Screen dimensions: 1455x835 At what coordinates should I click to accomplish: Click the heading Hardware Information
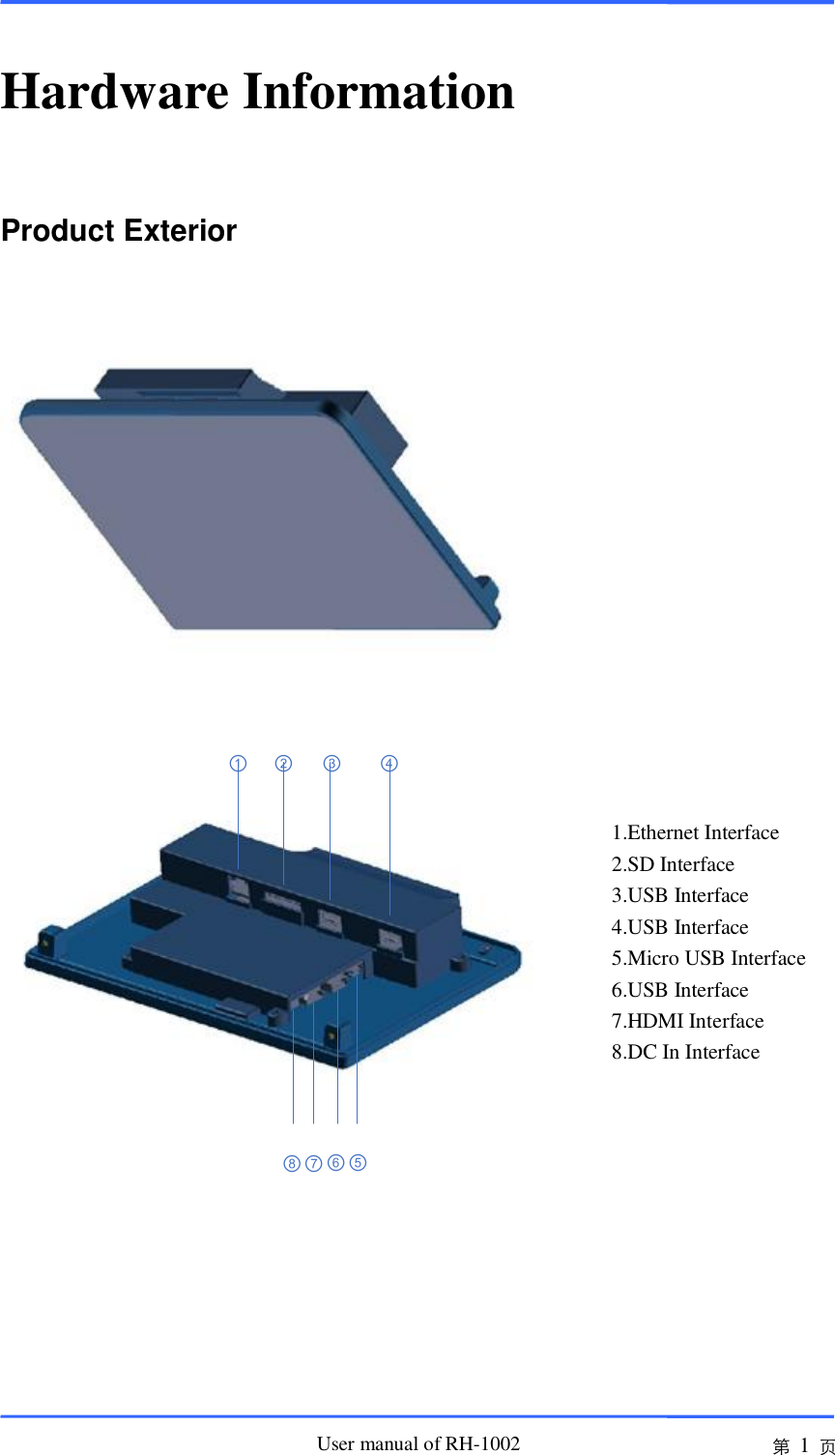pyautogui.click(x=258, y=92)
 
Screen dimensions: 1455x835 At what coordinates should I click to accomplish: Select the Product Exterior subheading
pyautogui.click(x=119, y=231)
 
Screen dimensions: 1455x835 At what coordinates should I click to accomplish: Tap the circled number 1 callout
pyautogui.click(x=238, y=764)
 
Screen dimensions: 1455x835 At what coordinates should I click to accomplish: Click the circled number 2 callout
pyautogui.click(x=283, y=764)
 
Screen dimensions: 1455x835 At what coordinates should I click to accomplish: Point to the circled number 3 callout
pyautogui.click(x=331, y=764)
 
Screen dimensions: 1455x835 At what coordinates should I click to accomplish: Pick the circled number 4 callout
pyautogui.click(x=389, y=764)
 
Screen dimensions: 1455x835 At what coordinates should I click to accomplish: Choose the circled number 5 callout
pyautogui.click(x=358, y=1163)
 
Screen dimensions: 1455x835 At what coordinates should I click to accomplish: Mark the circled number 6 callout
pyautogui.click(x=335, y=1163)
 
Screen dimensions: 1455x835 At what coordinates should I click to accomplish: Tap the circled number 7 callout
pyautogui.click(x=313, y=1164)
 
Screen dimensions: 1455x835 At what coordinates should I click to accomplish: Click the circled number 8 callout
pyautogui.click(x=292, y=1164)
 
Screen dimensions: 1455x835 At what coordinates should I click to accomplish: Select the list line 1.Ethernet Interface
pyautogui.click(x=695, y=833)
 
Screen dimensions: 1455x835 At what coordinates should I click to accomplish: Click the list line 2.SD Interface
pyautogui.click(x=673, y=865)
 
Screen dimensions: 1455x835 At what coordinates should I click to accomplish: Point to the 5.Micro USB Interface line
pyautogui.click(x=708, y=959)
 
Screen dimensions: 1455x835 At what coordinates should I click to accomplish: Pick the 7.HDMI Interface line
pyautogui.click(x=687, y=1022)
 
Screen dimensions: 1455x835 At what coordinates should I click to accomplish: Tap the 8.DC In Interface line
pyautogui.click(x=685, y=1053)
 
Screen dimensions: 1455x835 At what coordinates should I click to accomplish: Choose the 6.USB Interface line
pyautogui.click(x=679, y=991)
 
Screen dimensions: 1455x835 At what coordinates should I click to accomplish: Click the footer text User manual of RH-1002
pyautogui.click(x=418, y=1444)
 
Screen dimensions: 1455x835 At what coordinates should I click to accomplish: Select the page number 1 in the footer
pyautogui.click(x=804, y=1446)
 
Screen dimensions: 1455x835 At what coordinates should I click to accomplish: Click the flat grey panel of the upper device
pyautogui.click(x=251, y=522)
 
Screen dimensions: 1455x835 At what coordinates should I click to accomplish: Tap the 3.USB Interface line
pyautogui.click(x=679, y=896)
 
